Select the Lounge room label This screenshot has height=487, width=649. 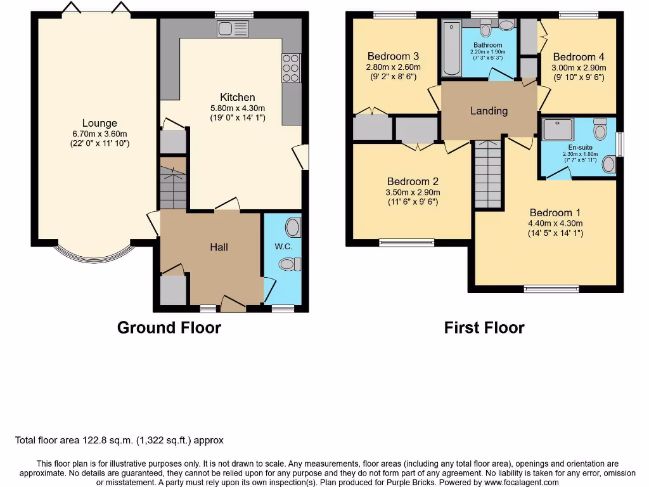(100, 123)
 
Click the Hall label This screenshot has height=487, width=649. (219, 247)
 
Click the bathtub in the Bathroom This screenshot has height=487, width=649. (451, 48)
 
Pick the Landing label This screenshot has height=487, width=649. (489, 111)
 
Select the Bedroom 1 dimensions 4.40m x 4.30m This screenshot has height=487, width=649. (556, 223)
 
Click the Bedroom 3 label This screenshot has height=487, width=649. (393, 56)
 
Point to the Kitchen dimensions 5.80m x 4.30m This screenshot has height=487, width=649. (238, 108)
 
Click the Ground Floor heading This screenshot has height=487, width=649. (169, 328)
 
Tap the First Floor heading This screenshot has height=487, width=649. (484, 328)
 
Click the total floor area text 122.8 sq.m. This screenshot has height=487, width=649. (119, 440)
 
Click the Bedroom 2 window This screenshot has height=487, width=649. (406, 242)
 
